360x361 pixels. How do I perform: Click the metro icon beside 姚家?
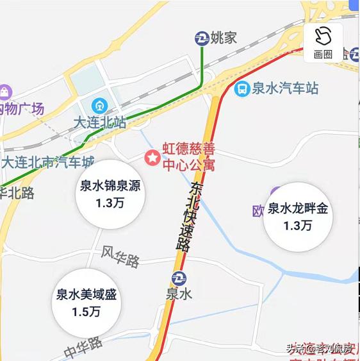pos(202,38)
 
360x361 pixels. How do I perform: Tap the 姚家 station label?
pos(224,38)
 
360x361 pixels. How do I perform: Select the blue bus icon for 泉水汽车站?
pos(241,88)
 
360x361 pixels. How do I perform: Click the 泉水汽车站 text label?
pos(285,88)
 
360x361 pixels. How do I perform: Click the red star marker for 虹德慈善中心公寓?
pos(152,157)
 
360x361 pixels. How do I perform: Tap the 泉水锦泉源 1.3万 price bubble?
pos(109,195)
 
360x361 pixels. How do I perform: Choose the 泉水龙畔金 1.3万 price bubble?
pos(297,217)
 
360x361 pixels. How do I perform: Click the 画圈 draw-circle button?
pos(323,42)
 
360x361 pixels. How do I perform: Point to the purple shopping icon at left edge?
pos(6,92)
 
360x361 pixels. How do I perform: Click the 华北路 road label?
pos(17,192)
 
